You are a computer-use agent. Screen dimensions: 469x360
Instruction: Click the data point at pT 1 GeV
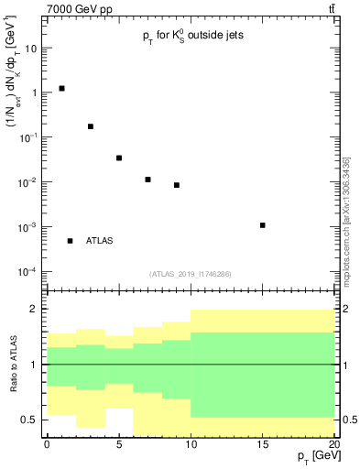click(x=61, y=89)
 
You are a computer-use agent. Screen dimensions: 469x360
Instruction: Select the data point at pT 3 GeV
click(x=91, y=126)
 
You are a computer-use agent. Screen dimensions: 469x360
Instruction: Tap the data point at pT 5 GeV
click(x=119, y=158)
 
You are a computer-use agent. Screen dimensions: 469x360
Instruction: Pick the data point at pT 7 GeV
click(x=147, y=180)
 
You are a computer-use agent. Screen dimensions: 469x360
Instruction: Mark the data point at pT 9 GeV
click(x=177, y=185)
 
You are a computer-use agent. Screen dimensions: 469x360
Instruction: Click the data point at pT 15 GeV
click(x=263, y=225)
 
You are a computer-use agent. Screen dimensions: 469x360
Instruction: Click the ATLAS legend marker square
click(x=70, y=241)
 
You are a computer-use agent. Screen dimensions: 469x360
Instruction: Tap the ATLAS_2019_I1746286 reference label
click(x=190, y=273)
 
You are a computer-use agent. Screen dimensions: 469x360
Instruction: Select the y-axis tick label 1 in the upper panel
click(x=35, y=93)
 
